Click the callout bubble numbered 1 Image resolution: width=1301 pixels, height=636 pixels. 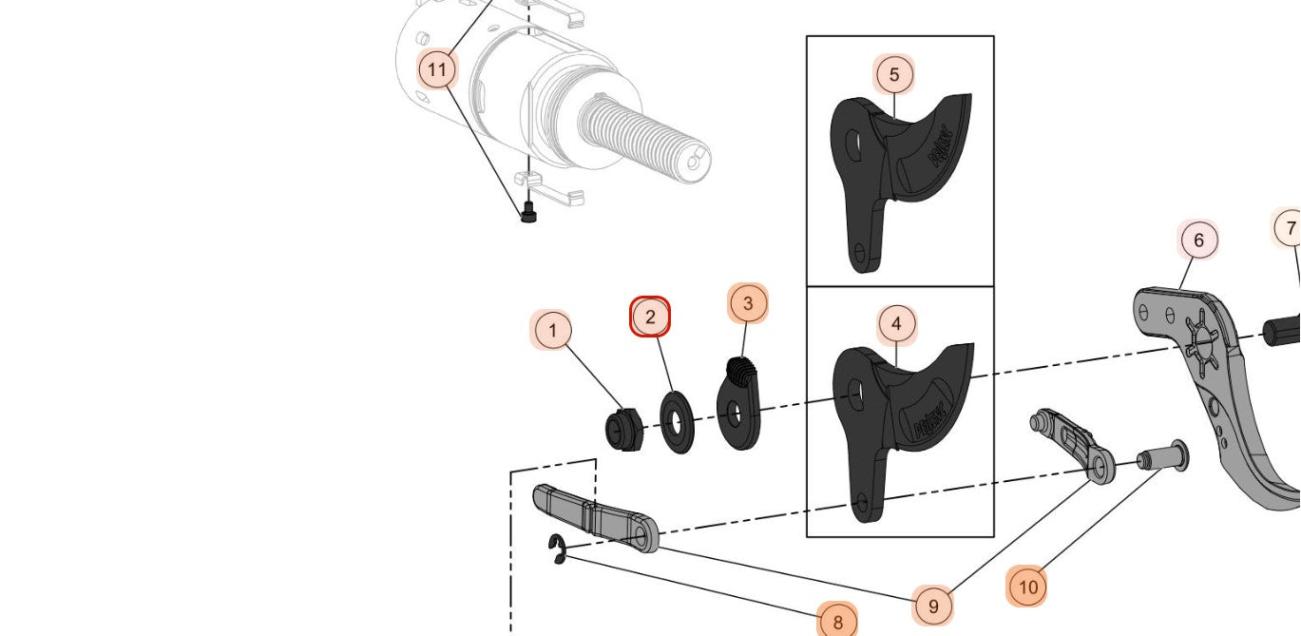[553, 332]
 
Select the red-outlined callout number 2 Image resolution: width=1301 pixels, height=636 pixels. [651, 317]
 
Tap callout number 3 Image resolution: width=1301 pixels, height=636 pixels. [748, 303]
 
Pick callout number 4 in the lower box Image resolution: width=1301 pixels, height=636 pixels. [896, 324]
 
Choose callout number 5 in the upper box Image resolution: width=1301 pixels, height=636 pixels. [894, 74]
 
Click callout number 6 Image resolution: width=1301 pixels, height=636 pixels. [1198, 241]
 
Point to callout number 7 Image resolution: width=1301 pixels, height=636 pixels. [1290, 229]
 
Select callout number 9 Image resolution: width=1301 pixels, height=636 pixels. [933, 606]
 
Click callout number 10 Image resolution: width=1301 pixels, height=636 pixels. [1027, 587]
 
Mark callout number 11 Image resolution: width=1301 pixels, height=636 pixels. [437, 69]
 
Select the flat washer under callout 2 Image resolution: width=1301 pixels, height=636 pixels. [677, 421]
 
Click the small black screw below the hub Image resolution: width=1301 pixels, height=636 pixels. [529, 215]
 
